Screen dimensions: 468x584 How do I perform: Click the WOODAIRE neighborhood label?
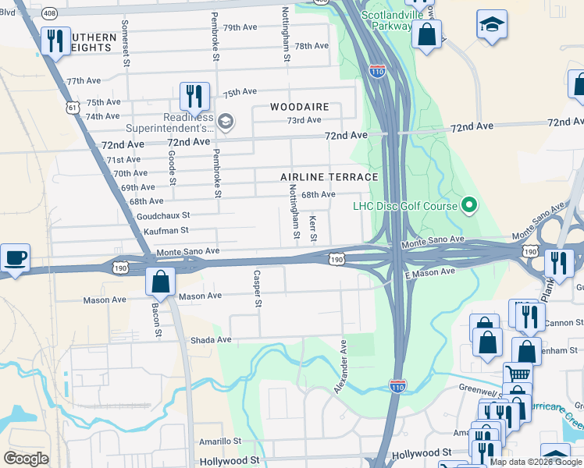click(300, 106)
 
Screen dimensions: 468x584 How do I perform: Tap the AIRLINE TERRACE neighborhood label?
click(329, 177)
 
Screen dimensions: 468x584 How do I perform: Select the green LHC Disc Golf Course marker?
click(468, 206)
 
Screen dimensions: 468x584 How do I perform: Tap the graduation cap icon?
click(493, 26)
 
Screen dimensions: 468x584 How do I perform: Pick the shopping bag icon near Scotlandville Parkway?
click(426, 35)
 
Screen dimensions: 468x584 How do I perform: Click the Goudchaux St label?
click(162, 215)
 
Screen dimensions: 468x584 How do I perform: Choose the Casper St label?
click(256, 289)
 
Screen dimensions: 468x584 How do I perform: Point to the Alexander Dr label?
click(340, 365)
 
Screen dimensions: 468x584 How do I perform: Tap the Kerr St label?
click(313, 228)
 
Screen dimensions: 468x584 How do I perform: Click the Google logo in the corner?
click(26, 459)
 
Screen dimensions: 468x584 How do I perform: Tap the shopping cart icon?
click(517, 374)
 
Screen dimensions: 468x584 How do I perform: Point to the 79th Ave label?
click(240, 27)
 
